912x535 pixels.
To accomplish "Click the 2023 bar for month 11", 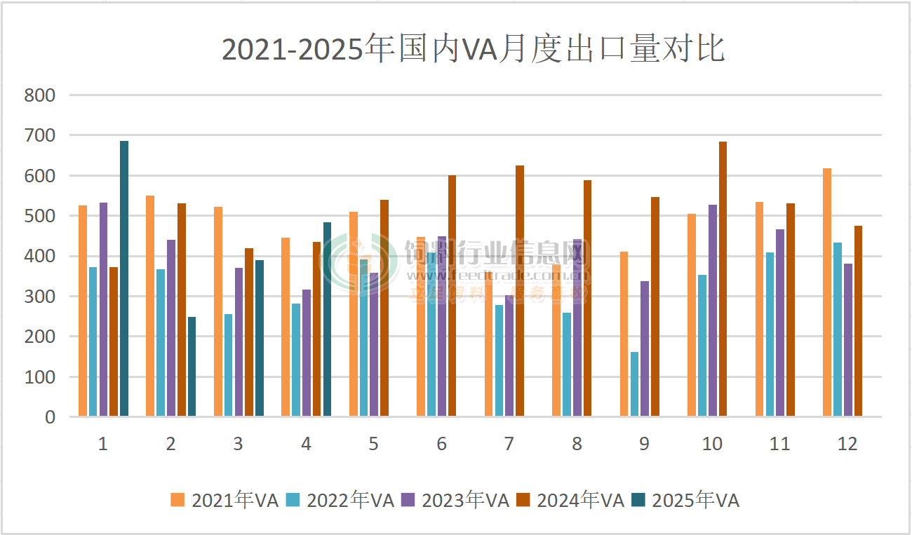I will coord(780,323).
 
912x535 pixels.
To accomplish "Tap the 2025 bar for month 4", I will coord(327,320).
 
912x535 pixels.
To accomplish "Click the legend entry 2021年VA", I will coord(225,500).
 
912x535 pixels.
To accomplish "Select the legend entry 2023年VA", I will coord(455,500).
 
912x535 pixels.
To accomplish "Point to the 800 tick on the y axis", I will coord(40,95).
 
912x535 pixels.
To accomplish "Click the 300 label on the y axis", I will coord(40,297).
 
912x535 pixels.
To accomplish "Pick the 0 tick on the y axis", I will coord(49,417).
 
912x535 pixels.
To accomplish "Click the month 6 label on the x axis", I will coord(441,444).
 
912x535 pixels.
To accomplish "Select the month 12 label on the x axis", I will coord(847,444).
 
